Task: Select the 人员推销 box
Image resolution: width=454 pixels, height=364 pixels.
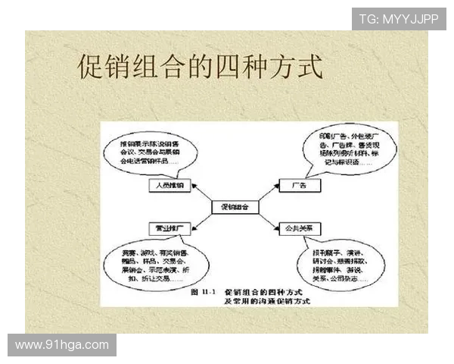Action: point(164,185)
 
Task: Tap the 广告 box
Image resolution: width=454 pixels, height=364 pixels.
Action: point(297,185)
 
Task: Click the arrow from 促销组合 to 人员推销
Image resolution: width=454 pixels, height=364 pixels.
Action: point(198,195)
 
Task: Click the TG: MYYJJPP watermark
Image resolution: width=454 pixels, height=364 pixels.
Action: point(399,18)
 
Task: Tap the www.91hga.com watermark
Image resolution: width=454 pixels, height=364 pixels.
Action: point(62,346)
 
